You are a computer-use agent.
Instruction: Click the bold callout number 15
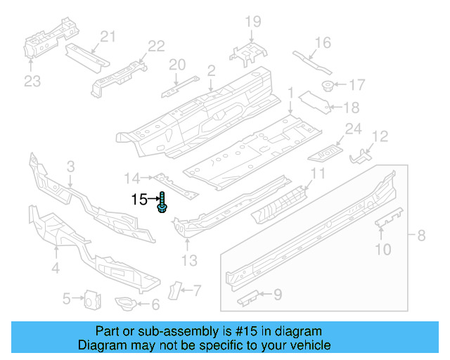click(x=140, y=200)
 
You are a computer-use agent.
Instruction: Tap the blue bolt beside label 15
click(x=162, y=205)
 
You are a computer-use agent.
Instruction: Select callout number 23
click(x=32, y=81)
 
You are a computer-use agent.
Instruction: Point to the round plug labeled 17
click(x=328, y=86)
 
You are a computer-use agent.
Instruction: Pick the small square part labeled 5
click(x=91, y=300)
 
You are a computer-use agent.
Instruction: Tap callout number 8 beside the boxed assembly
click(x=421, y=236)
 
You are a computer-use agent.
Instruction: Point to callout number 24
click(x=352, y=129)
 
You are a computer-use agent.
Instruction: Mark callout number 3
click(x=70, y=167)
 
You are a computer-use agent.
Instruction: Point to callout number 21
click(x=107, y=37)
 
